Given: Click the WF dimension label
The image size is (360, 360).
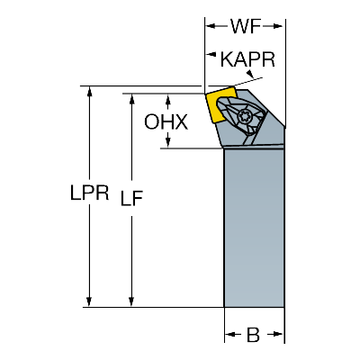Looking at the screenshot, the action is tap(245, 26).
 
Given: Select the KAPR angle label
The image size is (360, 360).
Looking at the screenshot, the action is tap(247, 59).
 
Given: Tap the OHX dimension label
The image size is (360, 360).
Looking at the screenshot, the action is tap(166, 122).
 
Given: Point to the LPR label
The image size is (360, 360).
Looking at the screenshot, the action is tap(89, 193).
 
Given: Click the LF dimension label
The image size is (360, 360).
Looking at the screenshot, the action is tap(131, 198).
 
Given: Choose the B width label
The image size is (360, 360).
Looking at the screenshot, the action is tap(253, 335).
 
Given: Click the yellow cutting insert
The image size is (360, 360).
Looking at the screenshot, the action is tap(217, 105).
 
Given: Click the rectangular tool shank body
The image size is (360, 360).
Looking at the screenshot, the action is tap(254, 228).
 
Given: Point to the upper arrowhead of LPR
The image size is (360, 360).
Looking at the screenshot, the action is tap(89, 91).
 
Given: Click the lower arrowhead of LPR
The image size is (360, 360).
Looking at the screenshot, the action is tap(89, 301).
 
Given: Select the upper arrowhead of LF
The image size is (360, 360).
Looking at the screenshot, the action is tap(131, 98).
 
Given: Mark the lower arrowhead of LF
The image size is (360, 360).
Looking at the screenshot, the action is tap(131, 301).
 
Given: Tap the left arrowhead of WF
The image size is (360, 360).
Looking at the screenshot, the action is tap(211, 26).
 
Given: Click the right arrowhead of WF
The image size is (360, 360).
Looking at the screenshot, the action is tap(277, 26).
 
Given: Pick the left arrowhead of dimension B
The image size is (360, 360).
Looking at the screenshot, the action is tap(229, 334).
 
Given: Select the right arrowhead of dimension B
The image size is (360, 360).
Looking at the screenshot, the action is tap(278, 334).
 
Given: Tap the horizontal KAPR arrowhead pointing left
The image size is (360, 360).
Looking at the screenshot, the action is tap(211, 55).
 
